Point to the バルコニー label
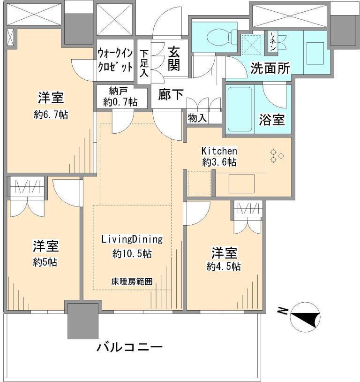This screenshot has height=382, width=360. coord(130,348)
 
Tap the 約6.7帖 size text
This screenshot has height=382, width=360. coord(51,114)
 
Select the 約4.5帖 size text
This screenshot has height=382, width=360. coord(224,267)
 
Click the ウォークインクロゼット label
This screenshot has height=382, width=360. coord(115,60)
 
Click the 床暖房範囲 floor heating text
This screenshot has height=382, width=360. coord(132,282)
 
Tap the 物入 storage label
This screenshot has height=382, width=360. coord(197,118)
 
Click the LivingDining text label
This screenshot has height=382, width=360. coord(132,239)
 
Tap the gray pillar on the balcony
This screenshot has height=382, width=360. coord(82,321)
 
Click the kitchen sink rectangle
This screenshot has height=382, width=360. coord(241,183)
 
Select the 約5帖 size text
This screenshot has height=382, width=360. coord(45,262)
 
